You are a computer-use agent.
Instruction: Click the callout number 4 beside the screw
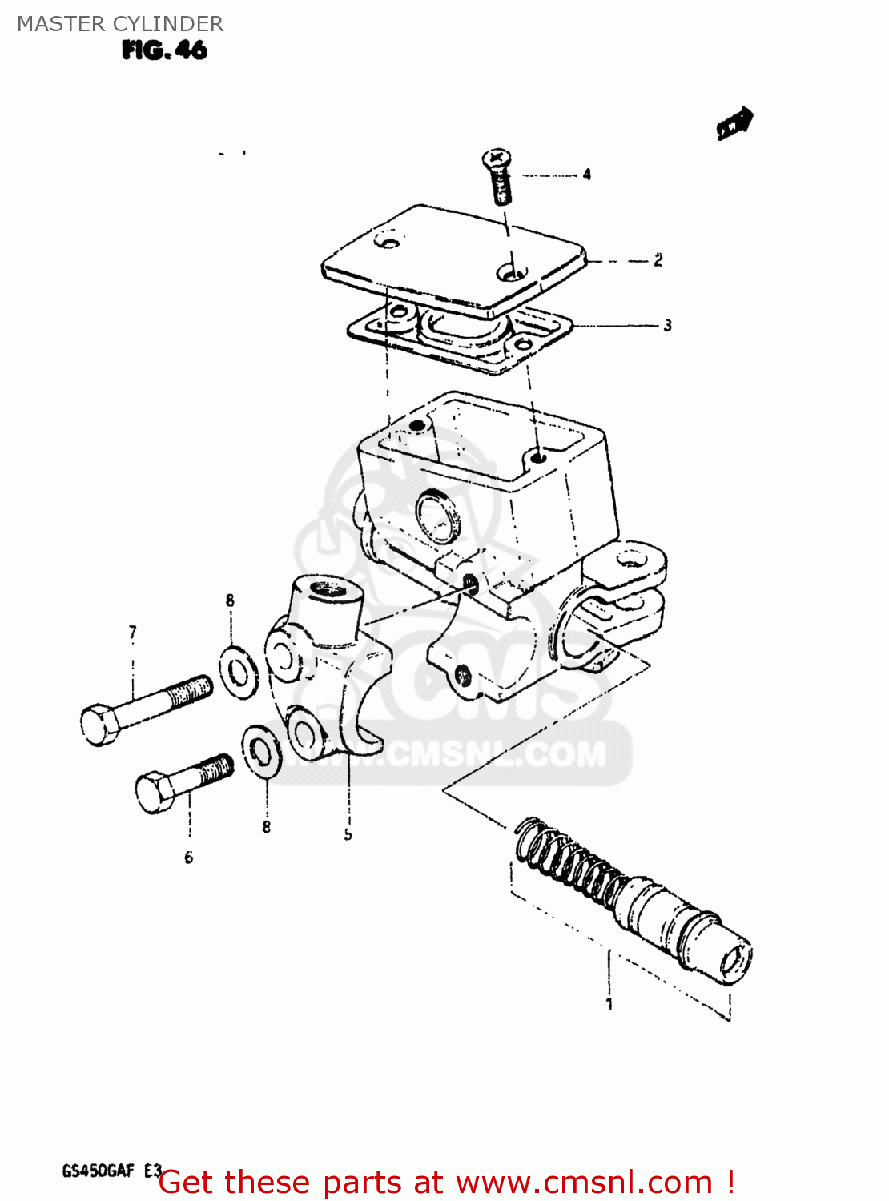point(587,175)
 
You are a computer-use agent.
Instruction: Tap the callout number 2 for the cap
point(658,260)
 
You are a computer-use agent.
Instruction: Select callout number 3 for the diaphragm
point(667,325)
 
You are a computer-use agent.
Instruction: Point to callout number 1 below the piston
point(609,1004)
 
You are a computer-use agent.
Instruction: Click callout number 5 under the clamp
point(348,834)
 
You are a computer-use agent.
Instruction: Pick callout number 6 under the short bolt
point(189,858)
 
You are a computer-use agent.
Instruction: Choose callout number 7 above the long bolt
point(133,633)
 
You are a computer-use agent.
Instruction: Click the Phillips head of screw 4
point(497,157)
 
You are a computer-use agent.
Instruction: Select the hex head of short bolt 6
point(155,791)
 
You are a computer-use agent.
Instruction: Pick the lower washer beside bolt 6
point(261,750)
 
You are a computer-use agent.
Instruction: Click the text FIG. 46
point(164,50)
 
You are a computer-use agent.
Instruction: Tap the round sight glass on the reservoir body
point(438,514)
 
